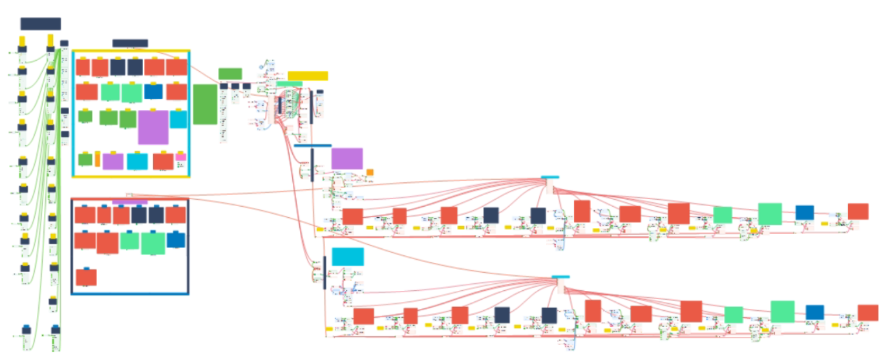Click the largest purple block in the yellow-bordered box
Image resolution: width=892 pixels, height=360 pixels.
point(153,127)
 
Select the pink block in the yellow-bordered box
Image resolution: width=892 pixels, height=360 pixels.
point(180,157)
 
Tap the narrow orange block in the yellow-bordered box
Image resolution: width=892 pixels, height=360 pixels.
point(98,159)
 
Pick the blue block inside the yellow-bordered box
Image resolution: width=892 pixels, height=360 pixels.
point(153,92)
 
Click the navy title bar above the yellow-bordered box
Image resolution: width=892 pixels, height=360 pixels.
point(130,43)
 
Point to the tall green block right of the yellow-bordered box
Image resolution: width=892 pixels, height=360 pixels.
point(205,104)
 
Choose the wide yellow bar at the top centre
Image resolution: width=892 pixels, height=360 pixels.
point(308,76)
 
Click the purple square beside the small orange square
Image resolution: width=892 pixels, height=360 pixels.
point(347,158)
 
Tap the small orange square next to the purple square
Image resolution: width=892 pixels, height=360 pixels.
point(370,173)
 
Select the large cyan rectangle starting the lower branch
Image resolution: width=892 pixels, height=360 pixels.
point(348,257)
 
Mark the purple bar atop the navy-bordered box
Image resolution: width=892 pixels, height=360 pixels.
point(129,202)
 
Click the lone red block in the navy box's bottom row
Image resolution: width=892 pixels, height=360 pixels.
point(86,277)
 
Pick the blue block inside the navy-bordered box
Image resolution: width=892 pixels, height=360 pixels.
point(176,240)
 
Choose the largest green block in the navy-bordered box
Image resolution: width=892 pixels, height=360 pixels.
point(153,244)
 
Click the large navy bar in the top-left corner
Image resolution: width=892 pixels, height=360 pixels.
point(41,24)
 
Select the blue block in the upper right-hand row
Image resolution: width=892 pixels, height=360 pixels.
point(804,212)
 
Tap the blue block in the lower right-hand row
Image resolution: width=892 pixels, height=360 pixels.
point(814,312)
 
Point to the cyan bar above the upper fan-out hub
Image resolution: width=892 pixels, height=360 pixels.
point(550,177)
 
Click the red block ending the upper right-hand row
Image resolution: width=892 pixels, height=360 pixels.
point(858,211)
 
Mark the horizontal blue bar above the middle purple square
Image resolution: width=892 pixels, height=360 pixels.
point(313,146)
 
